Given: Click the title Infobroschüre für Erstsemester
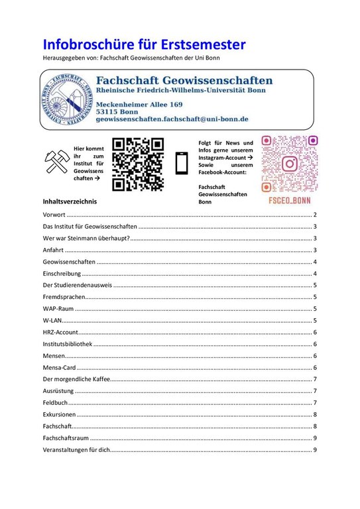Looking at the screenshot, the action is point(144,44).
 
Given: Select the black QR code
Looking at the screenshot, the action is point(137,164).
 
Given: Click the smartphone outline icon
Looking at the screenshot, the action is point(181,163).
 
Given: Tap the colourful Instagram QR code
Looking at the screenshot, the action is point(289,163).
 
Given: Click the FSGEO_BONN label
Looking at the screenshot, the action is point(289,199).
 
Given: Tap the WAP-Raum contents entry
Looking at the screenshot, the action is point(58,309).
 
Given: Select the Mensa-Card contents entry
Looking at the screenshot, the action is point(60,368).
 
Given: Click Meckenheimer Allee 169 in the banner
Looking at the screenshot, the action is point(139,105).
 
